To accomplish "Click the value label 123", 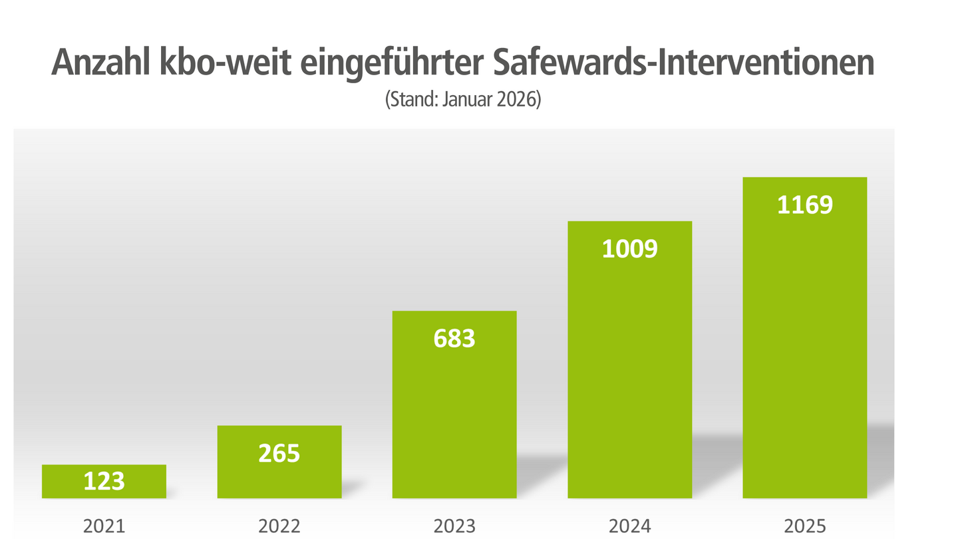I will [x=104, y=481].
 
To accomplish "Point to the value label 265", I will [x=279, y=453].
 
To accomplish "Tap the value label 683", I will [x=454, y=339].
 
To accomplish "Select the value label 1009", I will [x=629, y=249].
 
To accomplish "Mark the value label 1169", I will [x=804, y=204].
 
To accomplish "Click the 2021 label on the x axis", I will [x=104, y=526].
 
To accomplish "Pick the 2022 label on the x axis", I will [x=279, y=526].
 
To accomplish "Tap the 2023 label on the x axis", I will [x=454, y=526].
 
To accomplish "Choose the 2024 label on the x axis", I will [x=629, y=526].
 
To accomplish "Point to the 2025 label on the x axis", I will [x=804, y=526].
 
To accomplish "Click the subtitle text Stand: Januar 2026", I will [x=464, y=100].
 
